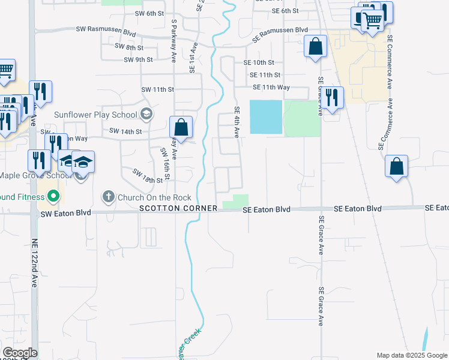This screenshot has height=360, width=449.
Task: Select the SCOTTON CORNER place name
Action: (x=178, y=208)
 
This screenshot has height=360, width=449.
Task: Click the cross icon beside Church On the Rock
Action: (x=108, y=196)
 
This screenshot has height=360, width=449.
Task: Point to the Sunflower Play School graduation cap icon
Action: (x=146, y=114)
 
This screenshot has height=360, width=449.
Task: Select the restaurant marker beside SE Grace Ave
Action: (x=331, y=98)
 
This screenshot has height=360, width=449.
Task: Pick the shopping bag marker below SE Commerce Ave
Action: (x=397, y=167)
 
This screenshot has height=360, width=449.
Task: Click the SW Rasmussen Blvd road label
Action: (x=106, y=29)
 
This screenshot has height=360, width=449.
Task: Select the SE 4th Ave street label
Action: (x=237, y=122)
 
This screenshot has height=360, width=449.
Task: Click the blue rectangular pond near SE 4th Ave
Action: (x=265, y=116)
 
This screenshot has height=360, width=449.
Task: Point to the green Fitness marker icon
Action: (x=53, y=196)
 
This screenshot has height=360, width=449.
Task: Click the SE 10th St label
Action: (x=259, y=62)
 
